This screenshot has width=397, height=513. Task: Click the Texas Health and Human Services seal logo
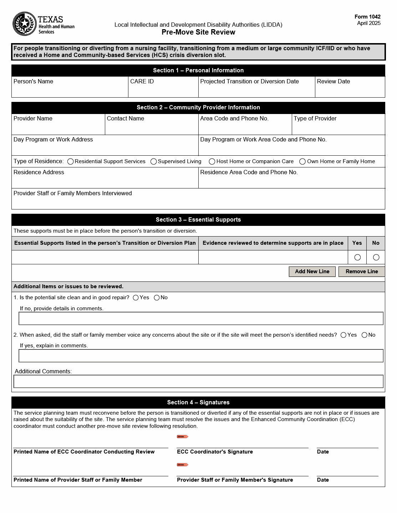coord(25,24)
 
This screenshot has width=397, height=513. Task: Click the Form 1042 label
coord(367,17)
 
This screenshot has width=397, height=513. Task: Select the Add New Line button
coord(312,271)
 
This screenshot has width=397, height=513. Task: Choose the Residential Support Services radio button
coord(71,162)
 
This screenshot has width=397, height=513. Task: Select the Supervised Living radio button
coord(154,162)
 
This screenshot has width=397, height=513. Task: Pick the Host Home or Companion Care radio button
coord(212,162)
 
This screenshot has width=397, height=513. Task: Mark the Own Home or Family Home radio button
coord(302,162)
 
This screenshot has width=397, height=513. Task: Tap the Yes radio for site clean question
coord(136,298)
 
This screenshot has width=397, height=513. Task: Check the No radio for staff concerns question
coord(364,335)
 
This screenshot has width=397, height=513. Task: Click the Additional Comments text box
coord(198,382)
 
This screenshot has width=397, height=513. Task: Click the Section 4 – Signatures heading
coord(198,403)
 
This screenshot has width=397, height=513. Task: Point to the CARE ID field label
coord(142,82)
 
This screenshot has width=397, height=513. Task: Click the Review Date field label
coord(333,82)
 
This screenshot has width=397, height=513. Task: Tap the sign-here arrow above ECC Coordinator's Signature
coord(182,437)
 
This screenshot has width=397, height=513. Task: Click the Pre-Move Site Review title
coord(198,32)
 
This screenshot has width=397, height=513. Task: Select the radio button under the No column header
coord(376,257)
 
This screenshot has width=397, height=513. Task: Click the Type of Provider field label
coord(315,119)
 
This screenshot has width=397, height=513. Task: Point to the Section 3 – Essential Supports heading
coord(198,220)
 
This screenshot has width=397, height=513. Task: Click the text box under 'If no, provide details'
coord(201,318)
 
